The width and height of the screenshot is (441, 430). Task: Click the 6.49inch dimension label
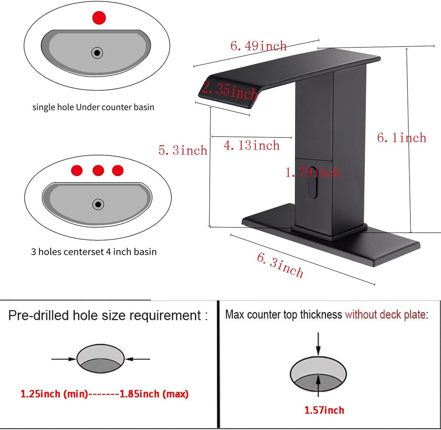point(258,46)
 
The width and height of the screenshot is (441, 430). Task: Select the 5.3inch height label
point(183,150)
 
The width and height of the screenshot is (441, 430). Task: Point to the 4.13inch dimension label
point(252,145)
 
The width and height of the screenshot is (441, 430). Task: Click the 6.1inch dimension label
point(402,137)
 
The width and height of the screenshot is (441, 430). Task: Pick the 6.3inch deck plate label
point(280,265)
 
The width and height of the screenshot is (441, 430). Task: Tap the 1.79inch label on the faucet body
point(313,172)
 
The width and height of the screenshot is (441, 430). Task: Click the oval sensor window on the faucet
point(313,182)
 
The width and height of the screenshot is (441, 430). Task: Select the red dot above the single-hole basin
point(99,18)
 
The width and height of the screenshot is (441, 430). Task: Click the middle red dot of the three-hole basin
point(98,171)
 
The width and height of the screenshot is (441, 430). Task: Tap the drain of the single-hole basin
point(97,53)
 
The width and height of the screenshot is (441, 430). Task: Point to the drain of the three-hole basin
point(98,204)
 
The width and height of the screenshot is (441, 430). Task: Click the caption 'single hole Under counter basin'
point(93,107)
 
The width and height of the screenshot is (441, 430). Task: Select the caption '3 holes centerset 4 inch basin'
point(93,252)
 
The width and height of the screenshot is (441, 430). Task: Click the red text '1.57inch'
point(324,410)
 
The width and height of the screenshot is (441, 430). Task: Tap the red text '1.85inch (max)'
point(154,394)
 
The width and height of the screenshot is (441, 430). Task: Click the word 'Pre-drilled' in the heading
point(39,315)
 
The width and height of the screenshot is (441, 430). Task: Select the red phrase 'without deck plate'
point(385,315)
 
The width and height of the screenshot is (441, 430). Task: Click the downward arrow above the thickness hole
point(318,344)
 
